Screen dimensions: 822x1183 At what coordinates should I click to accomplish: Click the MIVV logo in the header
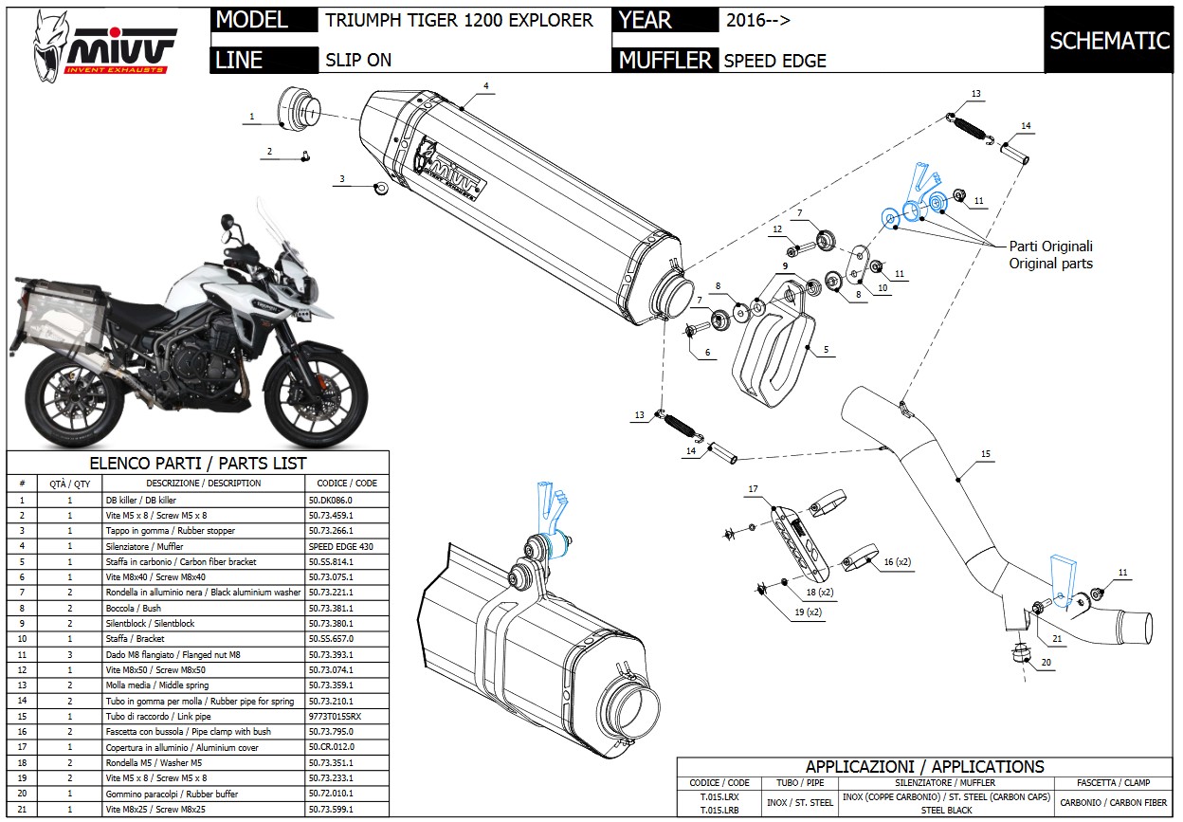click(x=104, y=43)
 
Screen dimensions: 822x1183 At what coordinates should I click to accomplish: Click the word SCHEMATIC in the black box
click(x=1109, y=40)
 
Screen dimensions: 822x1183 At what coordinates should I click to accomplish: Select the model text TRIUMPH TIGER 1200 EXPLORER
click(x=459, y=20)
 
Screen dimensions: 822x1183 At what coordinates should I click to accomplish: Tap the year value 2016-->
click(x=758, y=20)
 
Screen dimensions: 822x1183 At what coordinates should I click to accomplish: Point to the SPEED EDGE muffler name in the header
click(x=774, y=61)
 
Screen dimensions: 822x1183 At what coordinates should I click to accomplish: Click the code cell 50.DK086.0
click(x=330, y=500)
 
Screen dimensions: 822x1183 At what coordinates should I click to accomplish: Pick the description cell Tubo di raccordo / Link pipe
click(x=151, y=717)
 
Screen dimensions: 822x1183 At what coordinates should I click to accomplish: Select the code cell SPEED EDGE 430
click(x=341, y=546)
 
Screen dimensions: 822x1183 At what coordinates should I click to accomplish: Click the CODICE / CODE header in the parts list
click(x=346, y=483)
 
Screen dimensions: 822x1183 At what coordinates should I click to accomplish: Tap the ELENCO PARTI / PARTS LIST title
click(x=197, y=463)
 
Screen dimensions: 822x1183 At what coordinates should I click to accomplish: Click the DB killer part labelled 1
click(x=296, y=108)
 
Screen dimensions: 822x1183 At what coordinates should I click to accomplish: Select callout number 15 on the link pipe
click(x=986, y=455)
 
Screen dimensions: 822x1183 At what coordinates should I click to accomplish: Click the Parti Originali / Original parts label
click(x=1050, y=254)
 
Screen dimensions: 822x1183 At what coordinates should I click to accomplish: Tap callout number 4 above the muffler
click(x=485, y=86)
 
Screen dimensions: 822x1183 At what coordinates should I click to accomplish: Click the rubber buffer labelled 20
click(x=1021, y=654)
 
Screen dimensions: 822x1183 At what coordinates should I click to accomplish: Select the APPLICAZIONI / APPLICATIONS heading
click(x=924, y=766)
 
